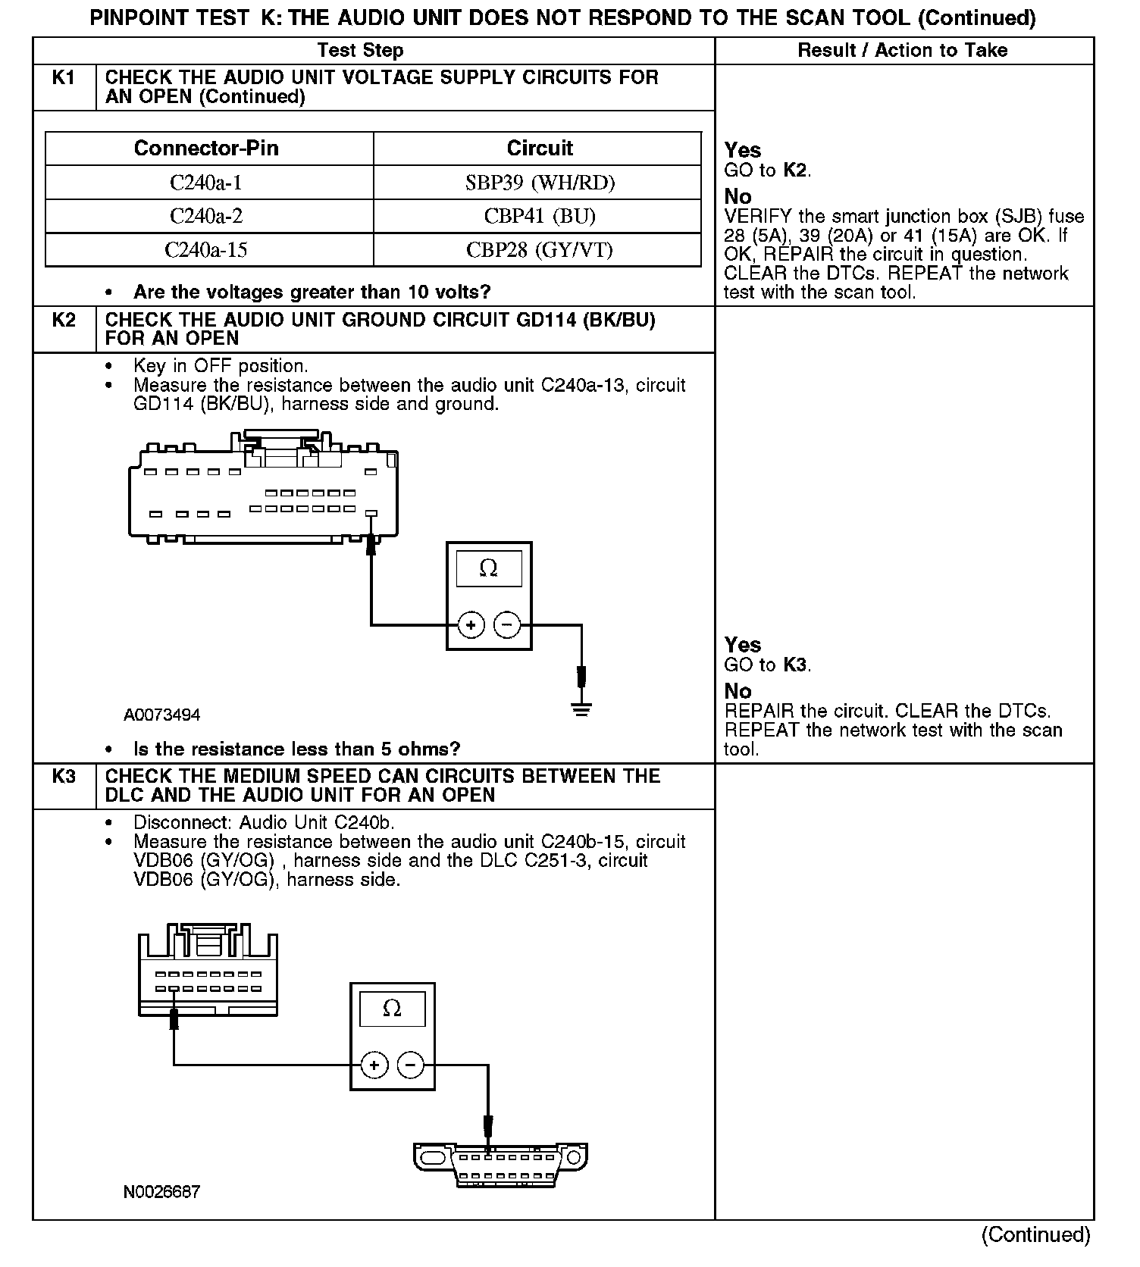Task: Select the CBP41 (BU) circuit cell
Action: (x=540, y=217)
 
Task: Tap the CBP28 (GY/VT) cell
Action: (x=540, y=250)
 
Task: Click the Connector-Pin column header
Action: (x=206, y=148)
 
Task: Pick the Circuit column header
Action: (x=540, y=148)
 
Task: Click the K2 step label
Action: (x=64, y=321)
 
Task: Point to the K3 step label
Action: (x=64, y=777)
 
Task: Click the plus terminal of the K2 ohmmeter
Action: (x=471, y=625)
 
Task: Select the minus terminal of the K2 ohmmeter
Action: (x=507, y=625)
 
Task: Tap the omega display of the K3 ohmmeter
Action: (x=392, y=1009)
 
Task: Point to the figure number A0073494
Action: (x=162, y=715)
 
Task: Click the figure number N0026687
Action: (x=162, y=1192)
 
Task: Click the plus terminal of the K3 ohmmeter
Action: (x=374, y=1065)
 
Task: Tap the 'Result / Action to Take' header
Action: (x=903, y=51)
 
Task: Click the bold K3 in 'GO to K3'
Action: (x=795, y=665)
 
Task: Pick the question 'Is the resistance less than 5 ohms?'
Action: (x=296, y=749)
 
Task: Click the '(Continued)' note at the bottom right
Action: (x=1035, y=1234)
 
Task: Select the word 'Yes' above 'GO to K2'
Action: (x=743, y=150)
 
